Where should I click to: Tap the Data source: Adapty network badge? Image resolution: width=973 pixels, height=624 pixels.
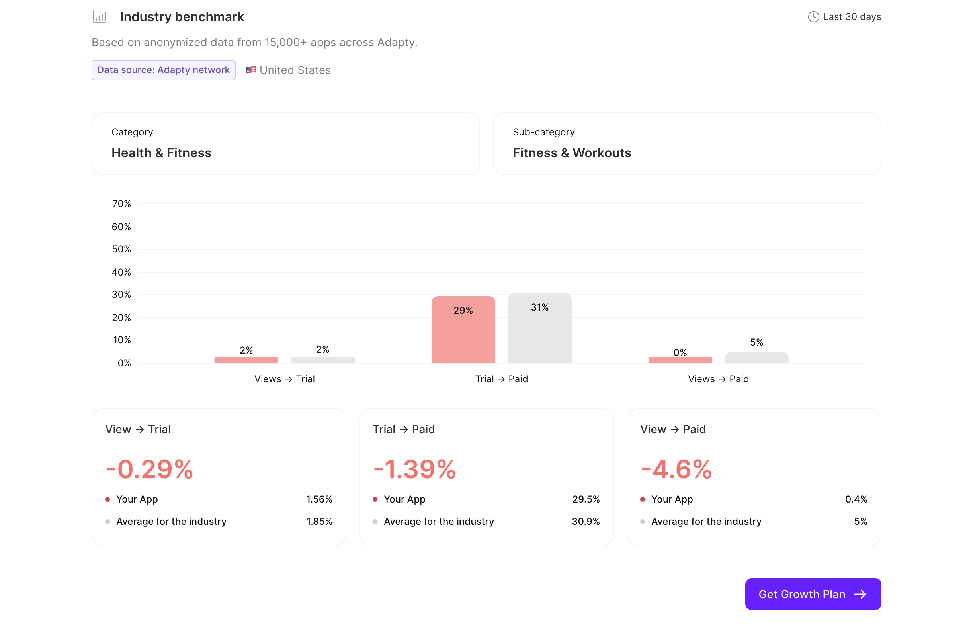163,70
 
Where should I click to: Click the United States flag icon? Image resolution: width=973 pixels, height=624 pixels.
250,70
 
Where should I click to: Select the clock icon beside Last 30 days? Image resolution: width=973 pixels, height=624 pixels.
813,17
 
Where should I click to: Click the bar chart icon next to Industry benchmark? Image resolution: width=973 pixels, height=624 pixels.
99,17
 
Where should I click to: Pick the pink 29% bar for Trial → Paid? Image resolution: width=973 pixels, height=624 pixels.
463,330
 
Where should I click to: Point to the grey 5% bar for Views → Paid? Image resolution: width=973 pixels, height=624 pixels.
756,358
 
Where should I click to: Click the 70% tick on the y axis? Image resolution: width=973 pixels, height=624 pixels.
121,204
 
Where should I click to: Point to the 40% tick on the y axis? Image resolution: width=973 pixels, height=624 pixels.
121,272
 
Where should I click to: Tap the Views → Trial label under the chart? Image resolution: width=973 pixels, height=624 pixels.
284,379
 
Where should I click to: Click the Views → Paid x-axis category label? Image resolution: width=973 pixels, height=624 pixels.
718,379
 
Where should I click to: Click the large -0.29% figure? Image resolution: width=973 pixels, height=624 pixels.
149,469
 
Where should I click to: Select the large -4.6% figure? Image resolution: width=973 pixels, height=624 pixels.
675,469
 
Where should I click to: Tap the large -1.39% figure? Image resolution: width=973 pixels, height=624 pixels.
414,469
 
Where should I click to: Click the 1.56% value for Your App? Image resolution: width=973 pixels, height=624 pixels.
319,499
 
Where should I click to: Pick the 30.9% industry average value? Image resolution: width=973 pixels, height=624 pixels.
585,522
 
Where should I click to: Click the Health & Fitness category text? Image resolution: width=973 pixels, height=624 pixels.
161,153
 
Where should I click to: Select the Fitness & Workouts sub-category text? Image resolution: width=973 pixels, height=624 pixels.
572,153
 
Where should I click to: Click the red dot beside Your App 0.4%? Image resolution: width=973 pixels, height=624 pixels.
643,499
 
